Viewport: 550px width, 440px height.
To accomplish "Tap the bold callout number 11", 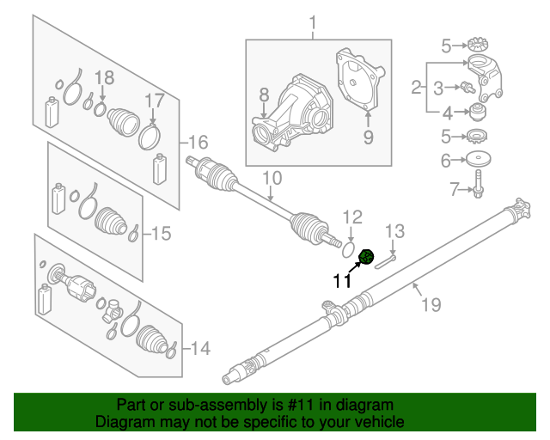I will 343,279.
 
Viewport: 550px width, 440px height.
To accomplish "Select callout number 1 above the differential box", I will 313,21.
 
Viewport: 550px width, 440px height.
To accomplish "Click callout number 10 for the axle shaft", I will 272,180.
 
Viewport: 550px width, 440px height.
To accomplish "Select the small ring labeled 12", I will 349,247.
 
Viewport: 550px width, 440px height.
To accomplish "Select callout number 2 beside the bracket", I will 417,87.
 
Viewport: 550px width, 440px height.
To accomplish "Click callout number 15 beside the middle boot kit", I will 162,232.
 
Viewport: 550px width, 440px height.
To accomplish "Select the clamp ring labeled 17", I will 150,136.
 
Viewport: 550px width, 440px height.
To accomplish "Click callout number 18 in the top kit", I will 103,78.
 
